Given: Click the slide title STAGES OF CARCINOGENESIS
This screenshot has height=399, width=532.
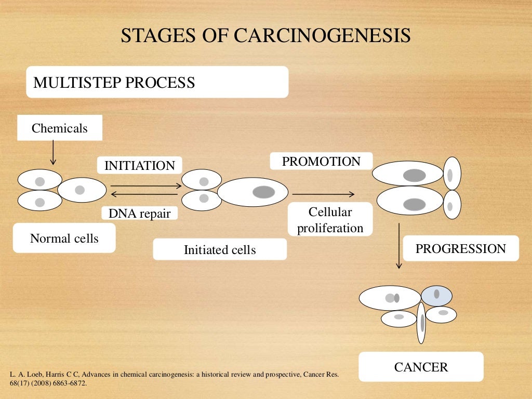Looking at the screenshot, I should click(x=265, y=35).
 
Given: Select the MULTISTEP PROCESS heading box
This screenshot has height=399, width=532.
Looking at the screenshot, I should click(x=157, y=82).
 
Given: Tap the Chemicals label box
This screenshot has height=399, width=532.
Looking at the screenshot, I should click(x=60, y=128).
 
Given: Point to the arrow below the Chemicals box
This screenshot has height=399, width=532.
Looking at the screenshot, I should click(x=52, y=153).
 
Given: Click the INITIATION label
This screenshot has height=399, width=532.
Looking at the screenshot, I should click(x=140, y=166).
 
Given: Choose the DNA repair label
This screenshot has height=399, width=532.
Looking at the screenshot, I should click(x=139, y=213).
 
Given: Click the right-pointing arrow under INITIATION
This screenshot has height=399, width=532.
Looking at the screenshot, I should click(x=145, y=185).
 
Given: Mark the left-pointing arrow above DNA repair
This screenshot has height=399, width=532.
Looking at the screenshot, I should click(x=145, y=195).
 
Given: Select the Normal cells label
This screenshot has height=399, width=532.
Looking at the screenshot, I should click(x=64, y=238).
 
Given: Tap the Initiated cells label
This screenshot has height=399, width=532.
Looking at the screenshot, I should click(x=220, y=250).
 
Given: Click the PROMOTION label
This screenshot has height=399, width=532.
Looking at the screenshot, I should click(x=321, y=161).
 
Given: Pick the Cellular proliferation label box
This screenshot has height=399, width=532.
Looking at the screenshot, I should click(x=330, y=220).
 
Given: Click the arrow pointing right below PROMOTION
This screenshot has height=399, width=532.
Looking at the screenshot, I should click(x=323, y=194).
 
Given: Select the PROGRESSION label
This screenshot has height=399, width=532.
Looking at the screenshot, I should click(x=460, y=248).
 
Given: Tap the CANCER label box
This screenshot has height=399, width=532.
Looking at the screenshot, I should click(x=421, y=367).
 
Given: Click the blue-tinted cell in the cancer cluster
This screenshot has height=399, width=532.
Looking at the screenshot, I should click(x=437, y=296).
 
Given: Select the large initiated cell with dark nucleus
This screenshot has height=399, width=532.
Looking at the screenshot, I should click(x=252, y=192).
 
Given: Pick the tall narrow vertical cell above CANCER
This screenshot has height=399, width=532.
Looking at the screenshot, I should click(x=421, y=323).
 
